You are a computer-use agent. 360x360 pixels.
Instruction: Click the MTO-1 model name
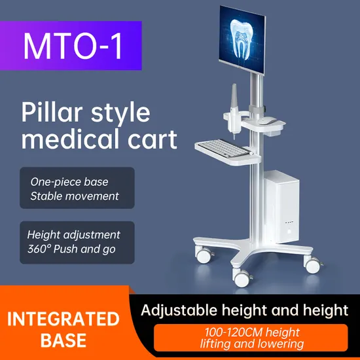[73, 46]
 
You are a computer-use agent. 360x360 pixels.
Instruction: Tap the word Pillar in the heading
[52, 112]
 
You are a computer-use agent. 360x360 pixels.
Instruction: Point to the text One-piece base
[69, 182]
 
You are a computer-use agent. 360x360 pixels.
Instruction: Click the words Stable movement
[75, 196]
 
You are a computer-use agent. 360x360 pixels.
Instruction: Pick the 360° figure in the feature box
[39, 249]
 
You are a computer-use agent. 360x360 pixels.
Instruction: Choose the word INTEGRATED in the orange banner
[63, 319]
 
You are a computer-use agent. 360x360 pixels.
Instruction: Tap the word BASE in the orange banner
[63, 340]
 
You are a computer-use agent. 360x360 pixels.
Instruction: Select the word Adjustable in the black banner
[179, 311]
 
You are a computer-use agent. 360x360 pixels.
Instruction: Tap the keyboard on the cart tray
[224, 148]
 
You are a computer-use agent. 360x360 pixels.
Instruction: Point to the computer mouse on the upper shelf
[268, 120]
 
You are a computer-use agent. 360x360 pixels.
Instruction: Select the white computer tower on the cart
[281, 206]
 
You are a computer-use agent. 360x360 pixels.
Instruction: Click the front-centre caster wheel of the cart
[241, 278]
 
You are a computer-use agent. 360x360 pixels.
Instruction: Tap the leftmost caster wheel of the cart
[204, 255]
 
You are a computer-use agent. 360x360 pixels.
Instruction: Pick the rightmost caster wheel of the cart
[312, 264]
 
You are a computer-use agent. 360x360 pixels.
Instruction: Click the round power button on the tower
[289, 232]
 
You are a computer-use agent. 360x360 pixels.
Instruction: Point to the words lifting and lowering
[252, 344]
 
